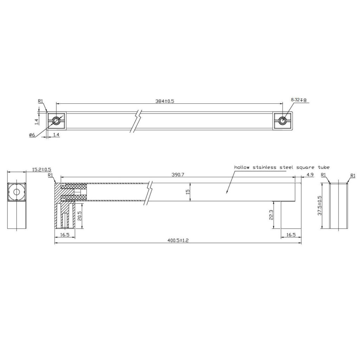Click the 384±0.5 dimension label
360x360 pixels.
(x=165, y=101)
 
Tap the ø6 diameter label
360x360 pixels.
(x=32, y=135)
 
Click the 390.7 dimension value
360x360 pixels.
(x=178, y=175)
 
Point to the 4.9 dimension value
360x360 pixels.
(x=310, y=175)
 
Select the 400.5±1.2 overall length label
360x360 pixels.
(x=178, y=240)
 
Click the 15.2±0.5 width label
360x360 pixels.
(x=41, y=170)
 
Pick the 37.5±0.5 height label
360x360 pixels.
(x=319, y=205)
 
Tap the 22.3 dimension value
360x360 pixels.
(x=271, y=215)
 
